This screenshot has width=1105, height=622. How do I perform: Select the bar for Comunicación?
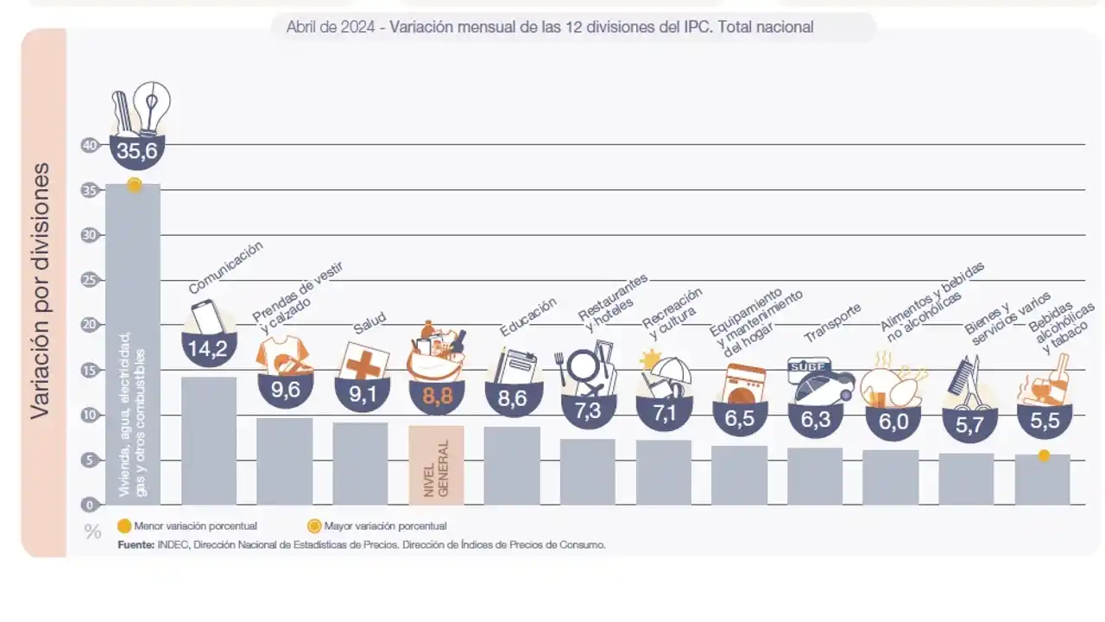coord(209,441)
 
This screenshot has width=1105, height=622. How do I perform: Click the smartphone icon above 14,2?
coord(206,316)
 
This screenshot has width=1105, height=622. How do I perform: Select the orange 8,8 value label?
coord(437,394)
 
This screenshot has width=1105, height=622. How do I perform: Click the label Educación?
coord(527,317)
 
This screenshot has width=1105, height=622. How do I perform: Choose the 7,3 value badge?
coord(588,410)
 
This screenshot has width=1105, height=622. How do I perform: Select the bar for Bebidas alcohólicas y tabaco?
coord(1042,479)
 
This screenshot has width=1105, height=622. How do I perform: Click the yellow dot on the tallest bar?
coord(134,185)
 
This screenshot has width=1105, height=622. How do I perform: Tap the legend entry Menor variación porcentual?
coord(187,526)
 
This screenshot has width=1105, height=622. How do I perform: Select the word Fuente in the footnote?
coord(136,545)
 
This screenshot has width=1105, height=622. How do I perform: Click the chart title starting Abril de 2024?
coord(550,27)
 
